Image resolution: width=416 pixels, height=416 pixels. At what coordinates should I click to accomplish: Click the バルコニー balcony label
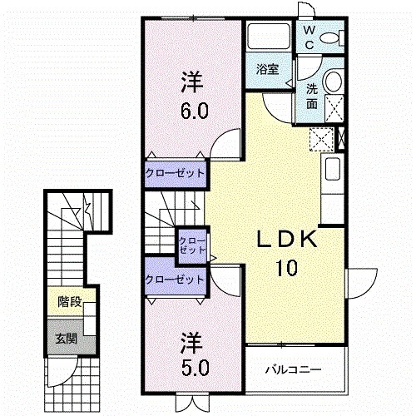pos(293,369)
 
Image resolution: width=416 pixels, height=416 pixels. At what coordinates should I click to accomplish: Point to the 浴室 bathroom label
pos(267,70)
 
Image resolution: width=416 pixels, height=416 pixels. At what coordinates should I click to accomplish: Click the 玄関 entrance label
pos(66,339)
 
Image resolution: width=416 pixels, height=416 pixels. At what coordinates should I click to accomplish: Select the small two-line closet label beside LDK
pos(191,245)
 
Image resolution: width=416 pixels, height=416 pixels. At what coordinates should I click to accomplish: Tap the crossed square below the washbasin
pos(334,107)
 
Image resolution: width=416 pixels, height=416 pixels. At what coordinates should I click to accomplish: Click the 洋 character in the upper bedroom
pos(191,83)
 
